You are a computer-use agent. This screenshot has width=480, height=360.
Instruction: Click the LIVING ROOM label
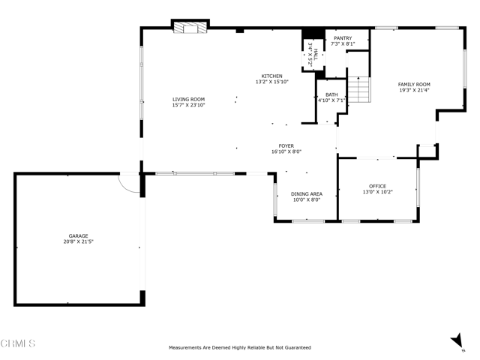pyautogui.click(x=188, y=99)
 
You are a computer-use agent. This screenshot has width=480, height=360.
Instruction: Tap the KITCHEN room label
pyautogui.click(x=271, y=76)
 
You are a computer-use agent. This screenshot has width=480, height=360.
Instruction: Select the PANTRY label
pyautogui.click(x=343, y=38)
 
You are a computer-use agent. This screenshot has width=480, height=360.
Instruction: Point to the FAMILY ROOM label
pyautogui.click(x=414, y=84)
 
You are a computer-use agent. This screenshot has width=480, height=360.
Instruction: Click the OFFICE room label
pyautogui.click(x=377, y=186)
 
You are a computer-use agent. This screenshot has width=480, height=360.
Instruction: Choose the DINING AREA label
pyautogui.click(x=307, y=193)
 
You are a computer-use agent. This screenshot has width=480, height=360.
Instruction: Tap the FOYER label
pyautogui.click(x=286, y=145)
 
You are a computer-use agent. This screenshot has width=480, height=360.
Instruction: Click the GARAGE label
pyautogui.click(x=78, y=235)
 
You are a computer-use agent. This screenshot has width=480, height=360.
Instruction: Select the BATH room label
pyautogui.click(x=331, y=94)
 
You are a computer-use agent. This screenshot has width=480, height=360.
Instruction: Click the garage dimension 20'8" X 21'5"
pyautogui.click(x=78, y=241)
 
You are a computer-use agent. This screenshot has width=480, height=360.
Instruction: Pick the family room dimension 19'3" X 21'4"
pyautogui.click(x=414, y=90)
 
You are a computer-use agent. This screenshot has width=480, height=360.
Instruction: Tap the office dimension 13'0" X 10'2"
pyautogui.click(x=377, y=192)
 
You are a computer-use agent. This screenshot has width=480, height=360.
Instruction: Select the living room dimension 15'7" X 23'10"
pyautogui.click(x=188, y=105)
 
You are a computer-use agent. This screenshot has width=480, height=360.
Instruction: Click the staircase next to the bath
pyautogui.click(x=359, y=89)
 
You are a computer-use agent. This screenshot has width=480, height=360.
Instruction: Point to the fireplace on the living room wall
pyautogui.click(x=190, y=27)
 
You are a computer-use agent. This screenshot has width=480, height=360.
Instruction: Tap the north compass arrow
pyautogui.click(x=457, y=340)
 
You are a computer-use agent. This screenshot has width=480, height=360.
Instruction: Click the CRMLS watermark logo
pyautogui.click(x=18, y=343)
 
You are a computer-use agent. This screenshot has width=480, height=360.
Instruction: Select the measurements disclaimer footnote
pyautogui.click(x=240, y=347)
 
